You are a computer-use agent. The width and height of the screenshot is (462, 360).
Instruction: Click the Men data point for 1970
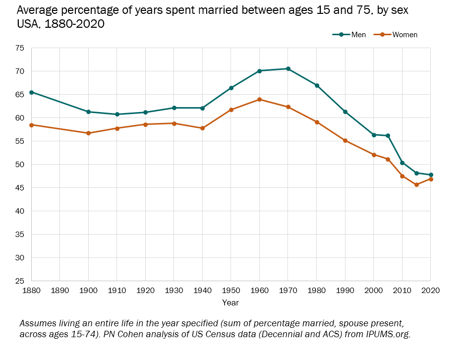tap(288, 69)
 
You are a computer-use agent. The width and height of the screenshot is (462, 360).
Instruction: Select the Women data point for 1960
tap(259, 100)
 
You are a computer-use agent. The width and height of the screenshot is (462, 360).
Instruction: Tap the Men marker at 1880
tap(31, 92)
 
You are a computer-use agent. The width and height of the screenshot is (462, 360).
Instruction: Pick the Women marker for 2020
tap(430, 179)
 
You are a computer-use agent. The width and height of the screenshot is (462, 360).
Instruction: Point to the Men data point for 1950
tap(231, 88)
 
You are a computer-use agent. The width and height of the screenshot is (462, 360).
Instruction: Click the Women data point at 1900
tap(88, 133)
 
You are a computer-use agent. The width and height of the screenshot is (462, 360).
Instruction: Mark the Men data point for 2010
tap(402, 163)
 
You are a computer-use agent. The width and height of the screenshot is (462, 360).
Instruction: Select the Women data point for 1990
tap(345, 141)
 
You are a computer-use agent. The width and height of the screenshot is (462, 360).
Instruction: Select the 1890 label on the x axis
tap(59, 290)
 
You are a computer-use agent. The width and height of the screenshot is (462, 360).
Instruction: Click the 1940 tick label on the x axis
tap(202, 290)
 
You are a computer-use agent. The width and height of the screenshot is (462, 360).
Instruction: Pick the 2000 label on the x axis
tap(373, 290)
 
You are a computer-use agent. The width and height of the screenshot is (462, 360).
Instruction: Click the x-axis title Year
tap(231, 302)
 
